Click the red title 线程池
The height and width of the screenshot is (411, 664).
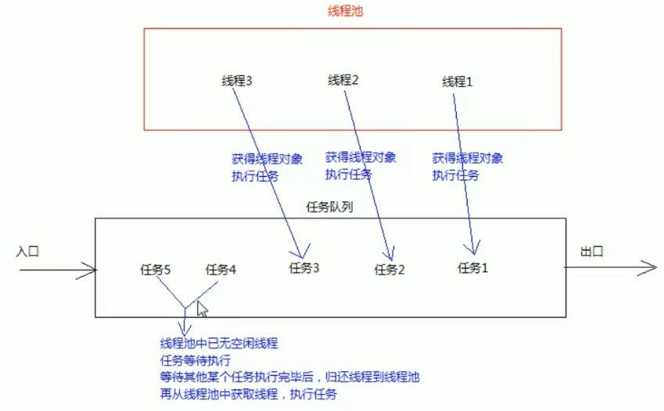point(346,13)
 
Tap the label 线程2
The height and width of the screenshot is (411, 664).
point(343,79)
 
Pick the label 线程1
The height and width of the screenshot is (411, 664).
point(458,81)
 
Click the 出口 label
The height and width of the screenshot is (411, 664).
point(592,251)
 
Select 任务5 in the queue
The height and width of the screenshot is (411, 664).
point(156,269)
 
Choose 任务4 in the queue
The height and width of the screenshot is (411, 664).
point(221,269)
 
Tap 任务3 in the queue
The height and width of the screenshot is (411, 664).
point(304,268)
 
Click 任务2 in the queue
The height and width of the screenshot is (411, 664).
point(389,269)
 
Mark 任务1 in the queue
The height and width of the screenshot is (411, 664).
point(473,268)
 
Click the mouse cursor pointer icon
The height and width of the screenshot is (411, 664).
point(202,308)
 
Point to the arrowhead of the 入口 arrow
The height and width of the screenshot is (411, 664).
point(92,271)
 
